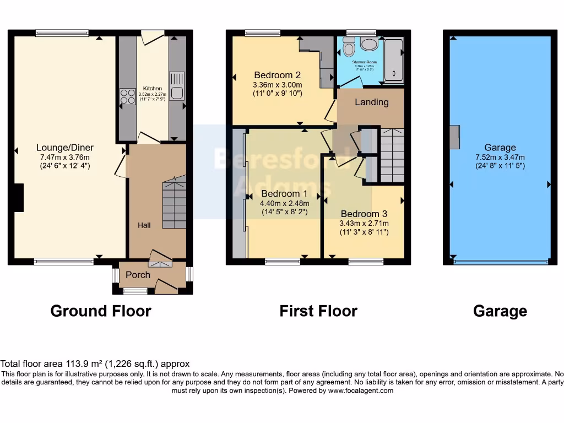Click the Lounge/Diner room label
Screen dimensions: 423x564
click(x=65, y=147)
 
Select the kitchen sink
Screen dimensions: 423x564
click(x=177, y=93)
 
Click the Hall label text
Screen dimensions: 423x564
click(x=144, y=225)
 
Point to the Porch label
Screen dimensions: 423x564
click(x=138, y=275)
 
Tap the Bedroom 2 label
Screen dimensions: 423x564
click(x=277, y=75)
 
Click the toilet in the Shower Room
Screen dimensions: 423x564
click(x=348, y=48)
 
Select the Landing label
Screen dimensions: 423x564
click(x=371, y=102)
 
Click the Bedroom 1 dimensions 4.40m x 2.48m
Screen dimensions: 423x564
click(x=284, y=203)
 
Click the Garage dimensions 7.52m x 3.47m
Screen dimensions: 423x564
click(x=500, y=156)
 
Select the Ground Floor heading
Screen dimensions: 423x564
click(x=101, y=311)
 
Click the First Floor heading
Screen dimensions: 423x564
click(x=318, y=311)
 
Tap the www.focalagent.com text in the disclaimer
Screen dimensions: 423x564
click(x=361, y=391)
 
